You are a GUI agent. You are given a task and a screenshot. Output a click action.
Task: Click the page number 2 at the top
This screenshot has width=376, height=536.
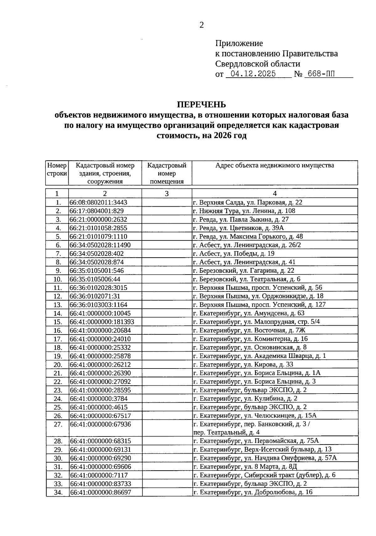(201, 25)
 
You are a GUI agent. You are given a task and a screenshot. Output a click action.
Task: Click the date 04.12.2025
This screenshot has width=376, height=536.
(253, 74)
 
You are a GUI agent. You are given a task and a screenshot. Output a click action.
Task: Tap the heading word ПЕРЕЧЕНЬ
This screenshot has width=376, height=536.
(201, 104)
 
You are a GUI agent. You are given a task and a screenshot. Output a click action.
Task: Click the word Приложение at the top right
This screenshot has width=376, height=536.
(239, 43)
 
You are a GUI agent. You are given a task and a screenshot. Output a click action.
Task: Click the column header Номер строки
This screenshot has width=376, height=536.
(57, 169)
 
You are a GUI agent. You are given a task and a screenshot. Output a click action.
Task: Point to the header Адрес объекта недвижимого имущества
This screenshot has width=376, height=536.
(274, 165)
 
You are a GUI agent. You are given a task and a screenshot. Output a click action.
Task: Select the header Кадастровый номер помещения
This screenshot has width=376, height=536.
(167, 173)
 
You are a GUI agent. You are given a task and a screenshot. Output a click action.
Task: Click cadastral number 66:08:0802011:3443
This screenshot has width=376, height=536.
(98, 203)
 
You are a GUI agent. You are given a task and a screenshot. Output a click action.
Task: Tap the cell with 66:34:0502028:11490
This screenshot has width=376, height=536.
(100, 245)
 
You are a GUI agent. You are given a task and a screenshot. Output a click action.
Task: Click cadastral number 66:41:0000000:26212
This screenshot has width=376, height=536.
(100, 364)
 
